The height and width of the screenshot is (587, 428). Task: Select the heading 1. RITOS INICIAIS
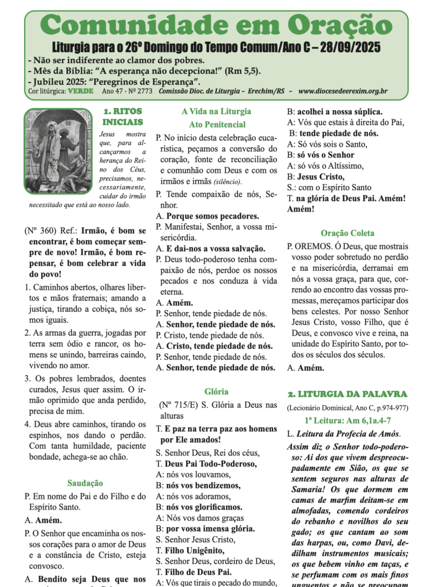pyautogui.click(x=123, y=117)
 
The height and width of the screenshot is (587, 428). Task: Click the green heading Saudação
pyautogui.click(x=85, y=483)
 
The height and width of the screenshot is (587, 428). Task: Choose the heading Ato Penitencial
pyautogui.click(x=216, y=124)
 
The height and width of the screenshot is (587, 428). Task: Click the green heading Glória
pyautogui.click(x=216, y=391)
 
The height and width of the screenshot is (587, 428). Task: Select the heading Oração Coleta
pyautogui.click(x=347, y=233)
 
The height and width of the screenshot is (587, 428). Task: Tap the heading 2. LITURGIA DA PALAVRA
pyautogui.click(x=347, y=394)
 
